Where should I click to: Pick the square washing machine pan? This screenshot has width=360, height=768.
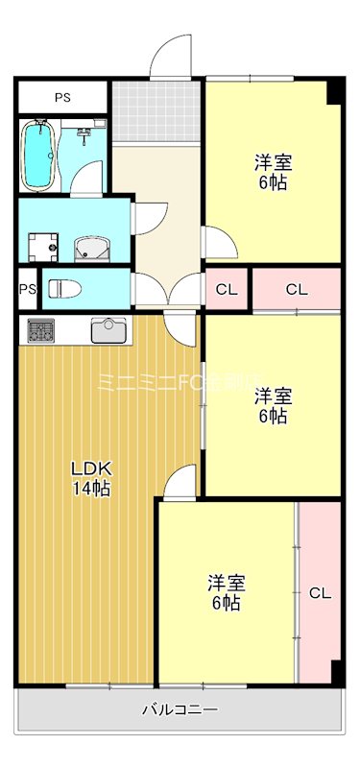pyautogui.click(x=41, y=248)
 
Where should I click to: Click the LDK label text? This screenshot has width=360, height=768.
pyautogui.click(x=92, y=469)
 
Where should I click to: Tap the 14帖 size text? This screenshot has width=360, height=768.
pyautogui.click(x=92, y=490)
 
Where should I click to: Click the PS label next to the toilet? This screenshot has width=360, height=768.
pyautogui.click(x=27, y=289)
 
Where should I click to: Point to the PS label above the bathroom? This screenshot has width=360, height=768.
pyautogui.click(x=61, y=97)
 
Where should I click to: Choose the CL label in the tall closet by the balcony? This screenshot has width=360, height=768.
pyautogui.click(x=320, y=593)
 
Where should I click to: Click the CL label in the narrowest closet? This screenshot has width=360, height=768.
pyautogui.click(x=227, y=289)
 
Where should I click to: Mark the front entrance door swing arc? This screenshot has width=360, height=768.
pyautogui.click(x=173, y=53)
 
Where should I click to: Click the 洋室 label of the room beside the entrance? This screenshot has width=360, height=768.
pyautogui.click(x=272, y=160)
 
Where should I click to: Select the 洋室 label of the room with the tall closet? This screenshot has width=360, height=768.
pyautogui.click(x=228, y=583)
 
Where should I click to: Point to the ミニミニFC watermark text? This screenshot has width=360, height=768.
pyautogui.click(x=180, y=382)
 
